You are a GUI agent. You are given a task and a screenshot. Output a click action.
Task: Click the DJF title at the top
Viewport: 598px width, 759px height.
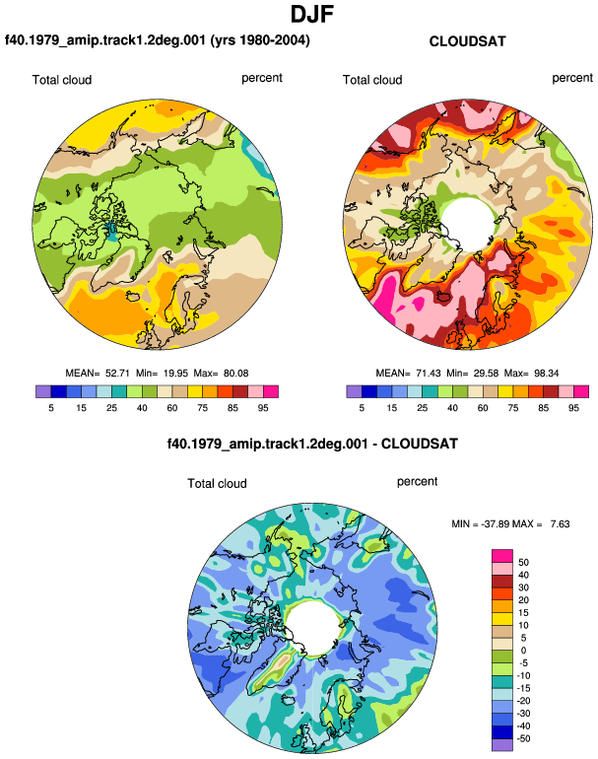coord(312,14)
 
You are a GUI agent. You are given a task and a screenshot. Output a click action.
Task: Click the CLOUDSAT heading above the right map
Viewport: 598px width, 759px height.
coord(467,41)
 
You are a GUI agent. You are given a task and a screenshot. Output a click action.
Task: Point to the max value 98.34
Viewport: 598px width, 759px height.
coord(546,374)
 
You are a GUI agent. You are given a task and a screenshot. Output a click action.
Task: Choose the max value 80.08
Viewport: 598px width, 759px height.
coord(236,374)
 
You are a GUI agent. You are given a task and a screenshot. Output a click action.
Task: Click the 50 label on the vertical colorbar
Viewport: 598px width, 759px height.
coord(523,563)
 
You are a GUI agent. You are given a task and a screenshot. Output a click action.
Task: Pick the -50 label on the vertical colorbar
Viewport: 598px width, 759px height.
coord(522,738)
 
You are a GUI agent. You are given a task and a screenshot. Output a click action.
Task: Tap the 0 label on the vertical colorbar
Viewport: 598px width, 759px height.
coord(523,651)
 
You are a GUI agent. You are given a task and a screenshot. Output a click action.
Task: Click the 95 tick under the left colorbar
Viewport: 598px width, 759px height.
coord(263,408)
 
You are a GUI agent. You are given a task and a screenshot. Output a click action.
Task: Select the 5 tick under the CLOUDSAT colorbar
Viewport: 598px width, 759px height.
coord(362,408)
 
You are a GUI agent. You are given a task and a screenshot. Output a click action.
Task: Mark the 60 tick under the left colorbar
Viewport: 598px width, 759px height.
coord(171,408)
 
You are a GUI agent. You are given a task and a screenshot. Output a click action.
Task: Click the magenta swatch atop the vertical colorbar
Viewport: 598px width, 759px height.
coord(502,556)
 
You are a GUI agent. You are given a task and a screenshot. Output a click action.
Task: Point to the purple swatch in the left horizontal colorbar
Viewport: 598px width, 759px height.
coord(43,391)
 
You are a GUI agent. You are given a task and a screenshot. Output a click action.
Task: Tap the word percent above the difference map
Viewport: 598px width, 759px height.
coord(417,482)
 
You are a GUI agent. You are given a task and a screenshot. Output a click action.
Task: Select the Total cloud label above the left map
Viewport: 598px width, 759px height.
coord(62,80)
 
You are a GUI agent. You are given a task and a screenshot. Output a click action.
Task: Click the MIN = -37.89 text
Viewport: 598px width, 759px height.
coord(481,524)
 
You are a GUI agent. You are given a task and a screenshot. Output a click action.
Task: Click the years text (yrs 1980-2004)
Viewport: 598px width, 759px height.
coord(260,39)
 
